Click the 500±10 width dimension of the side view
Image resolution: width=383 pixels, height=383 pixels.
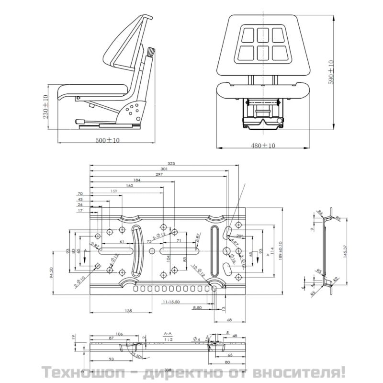pos(107,140)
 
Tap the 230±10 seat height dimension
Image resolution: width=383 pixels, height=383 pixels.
pos(45,107)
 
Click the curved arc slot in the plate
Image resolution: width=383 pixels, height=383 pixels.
pos(138,251)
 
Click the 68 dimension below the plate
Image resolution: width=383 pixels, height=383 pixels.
pos(229,319)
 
